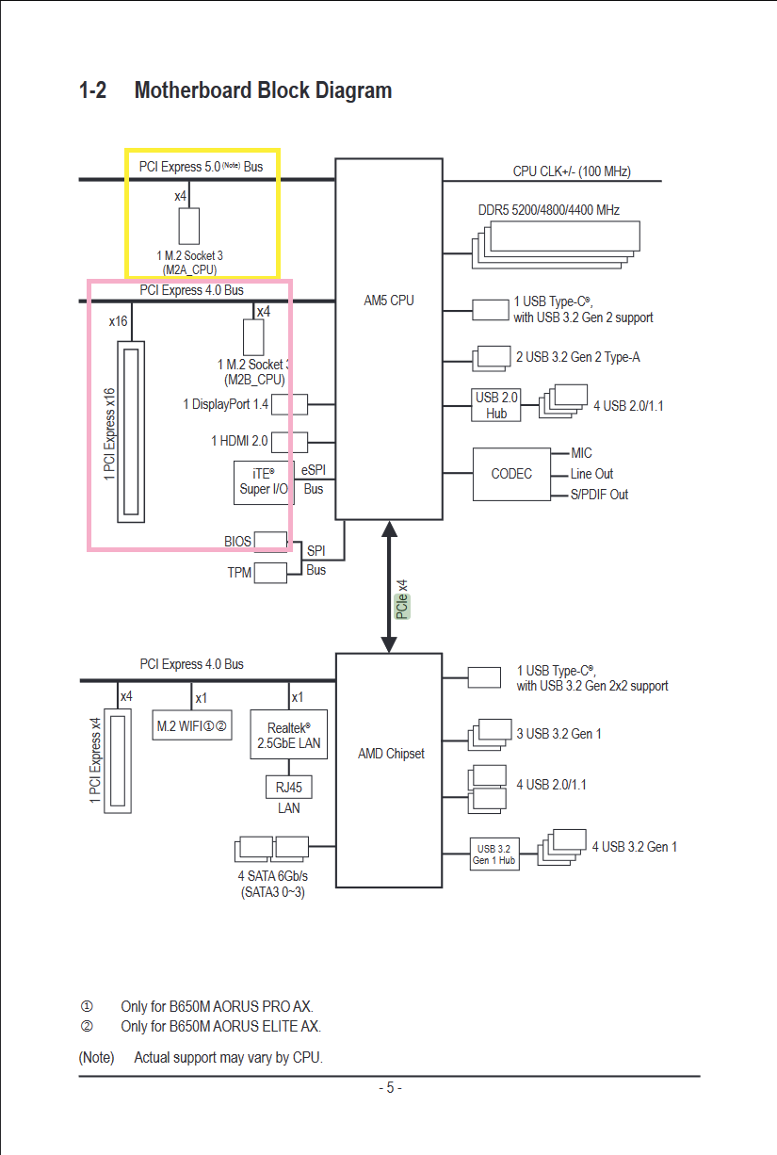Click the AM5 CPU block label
pyautogui.click(x=389, y=301)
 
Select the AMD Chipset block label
pyautogui.click(x=391, y=754)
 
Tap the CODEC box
pyautogui.click(x=511, y=474)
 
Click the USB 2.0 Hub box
pyautogui.click(x=496, y=405)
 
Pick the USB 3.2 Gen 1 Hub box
pyautogui.click(x=494, y=854)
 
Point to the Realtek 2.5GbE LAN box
pyautogui.click(x=288, y=735)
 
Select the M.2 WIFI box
pyautogui.click(x=192, y=726)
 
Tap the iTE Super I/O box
pyautogui.click(x=263, y=481)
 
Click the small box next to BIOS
pyautogui.click(x=271, y=541)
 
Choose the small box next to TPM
pyautogui.click(x=270, y=572)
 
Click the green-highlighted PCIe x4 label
pyautogui.click(x=402, y=599)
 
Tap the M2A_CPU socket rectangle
pyautogui.click(x=189, y=225)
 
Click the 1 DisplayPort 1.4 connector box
pyautogui.click(x=289, y=404)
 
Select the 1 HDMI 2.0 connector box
pyautogui.click(x=289, y=440)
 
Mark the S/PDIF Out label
pyautogui.click(x=599, y=495)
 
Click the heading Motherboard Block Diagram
pyautogui.click(x=263, y=90)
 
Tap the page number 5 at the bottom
pyautogui.click(x=390, y=1087)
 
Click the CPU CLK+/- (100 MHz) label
pyautogui.click(x=572, y=171)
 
